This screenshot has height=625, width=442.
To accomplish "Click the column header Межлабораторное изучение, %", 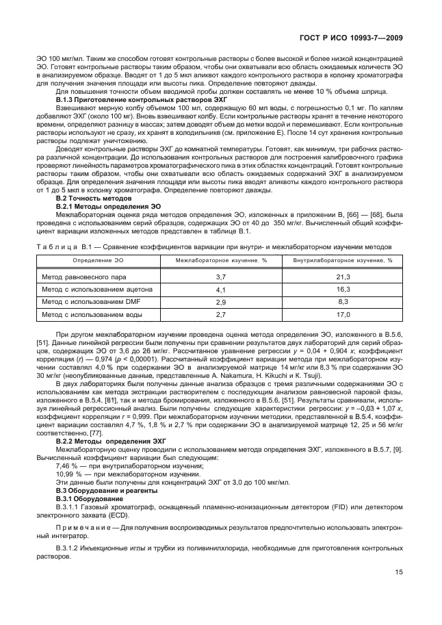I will point(221,260).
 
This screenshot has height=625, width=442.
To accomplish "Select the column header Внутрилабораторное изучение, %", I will point(343,260).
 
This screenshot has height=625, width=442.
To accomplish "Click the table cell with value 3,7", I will point(221,277).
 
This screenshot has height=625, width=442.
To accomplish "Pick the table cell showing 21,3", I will point(343,277).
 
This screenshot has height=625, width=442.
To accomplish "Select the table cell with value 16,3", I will point(343,289).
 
